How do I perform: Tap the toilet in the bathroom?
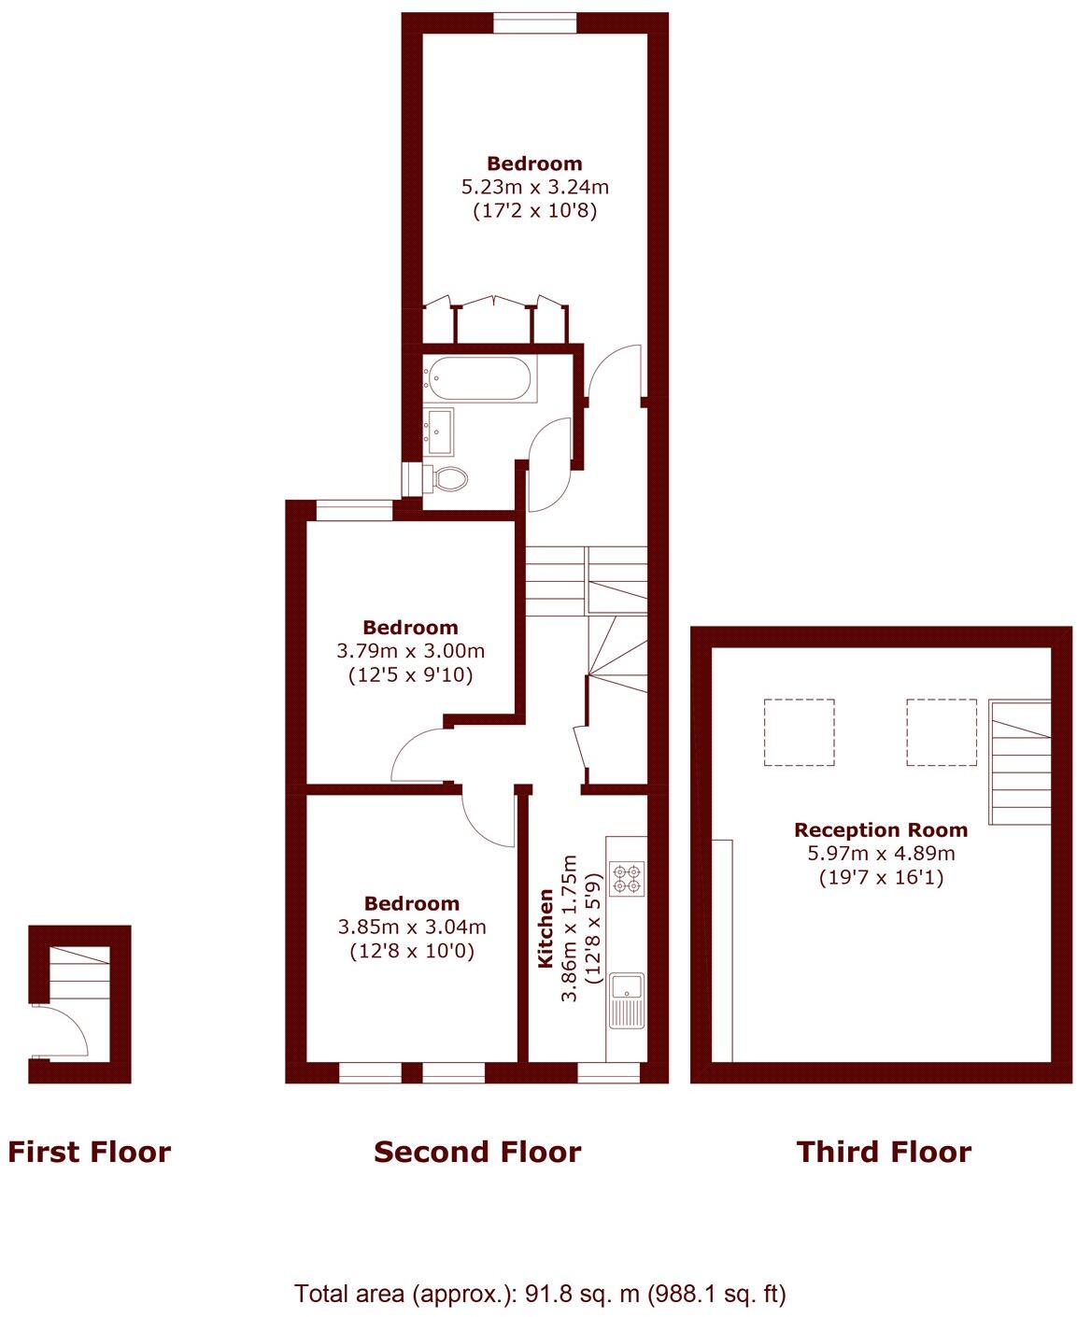(x=450, y=479)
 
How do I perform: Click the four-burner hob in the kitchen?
(x=626, y=878)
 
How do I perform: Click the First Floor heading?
(x=90, y=1152)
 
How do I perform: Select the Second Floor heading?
(x=477, y=1152)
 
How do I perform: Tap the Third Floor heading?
(x=884, y=1152)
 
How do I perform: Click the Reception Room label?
(x=881, y=829)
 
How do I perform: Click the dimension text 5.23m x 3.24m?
(x=534, y=187)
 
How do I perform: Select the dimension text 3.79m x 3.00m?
(x=411, y=650)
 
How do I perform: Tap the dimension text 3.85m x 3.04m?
(x=412, y=928)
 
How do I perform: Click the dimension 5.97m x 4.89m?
(x=881, y=853)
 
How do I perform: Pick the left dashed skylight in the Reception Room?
(x=799, y=732)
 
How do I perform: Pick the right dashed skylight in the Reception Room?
(x=942, y=732)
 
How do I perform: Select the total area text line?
(x=540, y=1294)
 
